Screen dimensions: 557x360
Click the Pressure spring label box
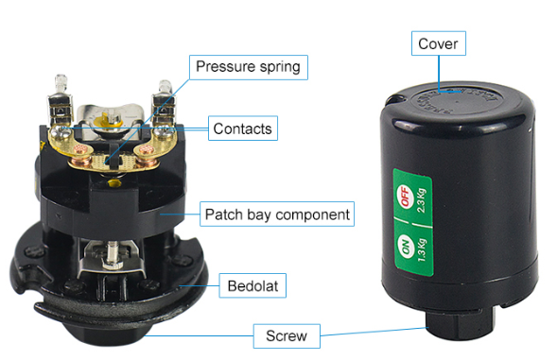tap(249, 67)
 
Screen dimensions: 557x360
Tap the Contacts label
tap(243, 129)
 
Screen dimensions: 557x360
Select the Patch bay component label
tap(277, 214)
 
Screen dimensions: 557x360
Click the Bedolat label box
tap(252, 285)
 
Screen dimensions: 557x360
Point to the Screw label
tap(287, 335)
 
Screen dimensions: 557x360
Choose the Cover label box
tap(439, 43)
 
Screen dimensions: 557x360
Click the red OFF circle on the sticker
tap(404, 196)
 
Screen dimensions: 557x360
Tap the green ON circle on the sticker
tap(406, 246)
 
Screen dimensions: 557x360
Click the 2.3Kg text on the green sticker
tap(422, 200)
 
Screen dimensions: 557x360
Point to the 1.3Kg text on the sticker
tap(422, 250)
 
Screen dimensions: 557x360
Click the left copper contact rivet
tap(79, 150)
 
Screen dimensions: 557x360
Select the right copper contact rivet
tap(146, 151)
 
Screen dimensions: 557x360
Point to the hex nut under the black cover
tap(461, 323)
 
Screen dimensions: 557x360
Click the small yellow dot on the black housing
tap(114, 183)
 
